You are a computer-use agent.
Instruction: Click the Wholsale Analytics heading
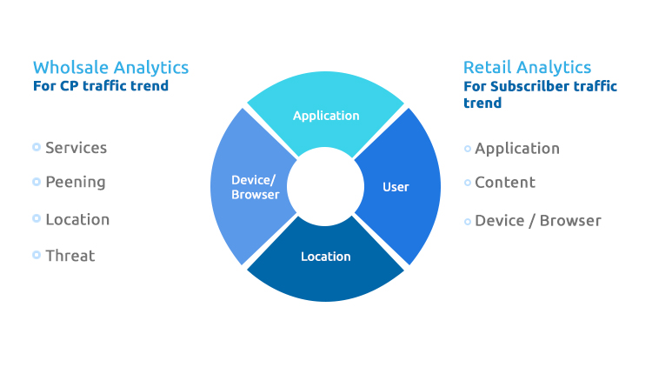point(110,68)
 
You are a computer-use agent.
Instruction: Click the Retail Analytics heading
point(527,68)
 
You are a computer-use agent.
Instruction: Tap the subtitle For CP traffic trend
point(100,86)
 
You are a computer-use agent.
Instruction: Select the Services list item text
point(76,148)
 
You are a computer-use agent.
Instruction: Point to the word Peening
point(75,183)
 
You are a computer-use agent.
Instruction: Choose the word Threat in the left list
point(70,256)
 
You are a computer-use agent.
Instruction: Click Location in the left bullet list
point(77,219)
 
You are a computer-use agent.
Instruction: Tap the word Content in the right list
point(505,183)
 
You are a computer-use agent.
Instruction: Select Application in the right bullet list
point(517,149)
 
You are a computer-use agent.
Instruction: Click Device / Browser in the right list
point(537,221)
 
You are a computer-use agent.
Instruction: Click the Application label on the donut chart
point(326,116)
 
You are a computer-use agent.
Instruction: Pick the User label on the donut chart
point(396,187)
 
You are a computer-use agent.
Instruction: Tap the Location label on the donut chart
point(326,257)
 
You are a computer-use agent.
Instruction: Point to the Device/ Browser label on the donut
point(254,187)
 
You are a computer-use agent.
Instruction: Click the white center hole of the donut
point(326,186)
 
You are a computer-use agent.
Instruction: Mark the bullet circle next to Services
point(37,148)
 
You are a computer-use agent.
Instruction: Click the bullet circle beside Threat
point(37,255)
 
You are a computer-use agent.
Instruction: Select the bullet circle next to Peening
point(37,182)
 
